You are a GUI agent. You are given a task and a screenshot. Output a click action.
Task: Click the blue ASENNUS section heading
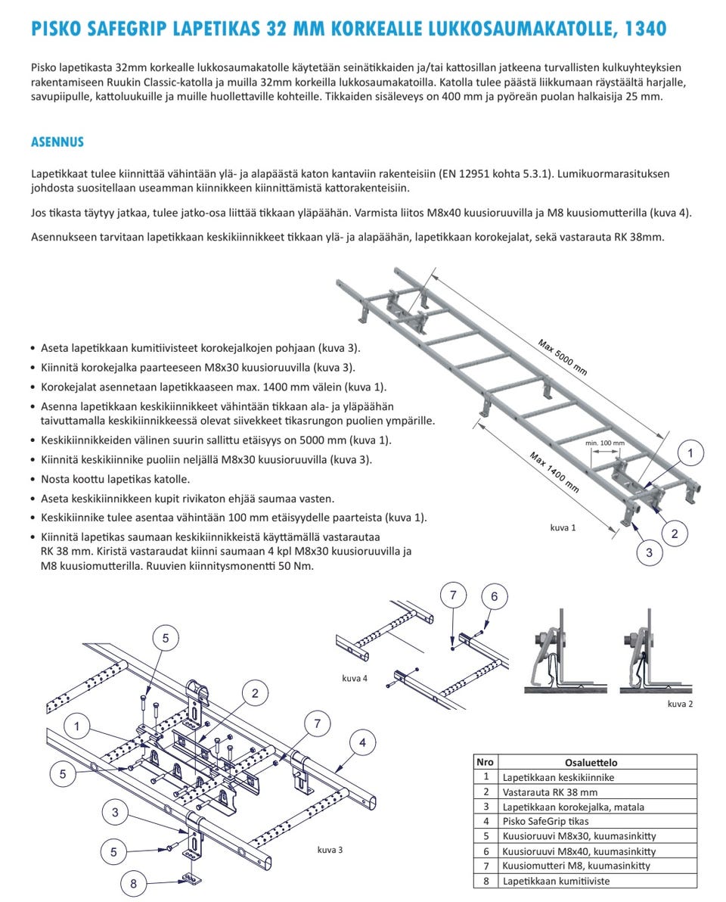[x=57, y=142]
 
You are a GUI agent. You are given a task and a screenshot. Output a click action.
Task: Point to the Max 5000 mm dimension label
[x=563, y=357]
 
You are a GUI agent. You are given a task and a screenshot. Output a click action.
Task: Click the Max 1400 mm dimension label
[x=554, y=471]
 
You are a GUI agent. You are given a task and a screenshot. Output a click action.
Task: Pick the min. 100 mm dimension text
[x=606, y=443]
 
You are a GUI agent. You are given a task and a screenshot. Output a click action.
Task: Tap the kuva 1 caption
[x=563, y=527]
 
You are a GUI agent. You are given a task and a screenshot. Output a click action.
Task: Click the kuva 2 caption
[x=681, y=704]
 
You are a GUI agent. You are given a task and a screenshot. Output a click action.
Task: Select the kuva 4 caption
[x=355, y=678]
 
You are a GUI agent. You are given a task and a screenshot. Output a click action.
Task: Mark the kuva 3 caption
[x=330, y=849]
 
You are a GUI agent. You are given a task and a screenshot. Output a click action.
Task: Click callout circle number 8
[x=134, y=882]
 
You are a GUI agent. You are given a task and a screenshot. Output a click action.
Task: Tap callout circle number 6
[x=495, y=596]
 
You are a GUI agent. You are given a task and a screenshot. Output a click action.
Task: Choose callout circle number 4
[x=362, y=743]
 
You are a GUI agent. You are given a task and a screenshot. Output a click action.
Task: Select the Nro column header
[x=486, y=763]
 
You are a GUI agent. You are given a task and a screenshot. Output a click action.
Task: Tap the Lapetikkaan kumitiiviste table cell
[x=556, y=880]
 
